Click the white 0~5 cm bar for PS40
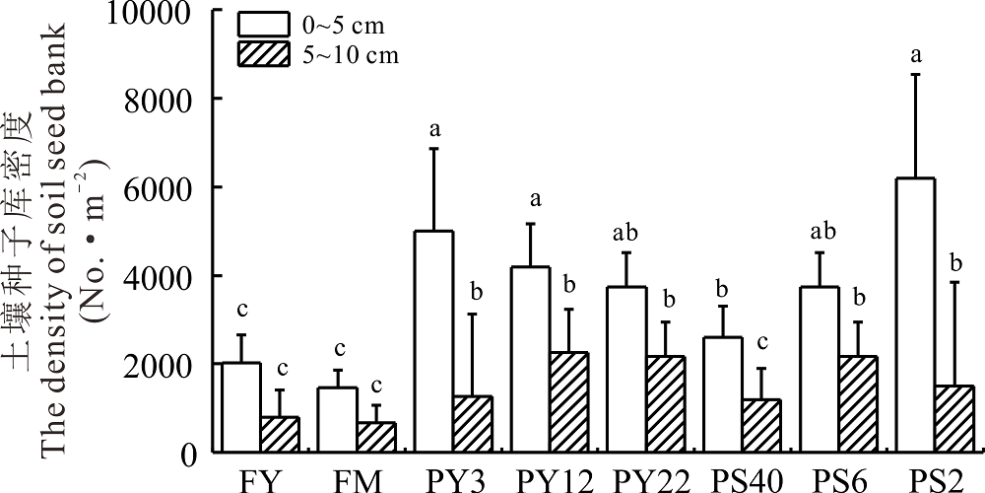pos(723,394)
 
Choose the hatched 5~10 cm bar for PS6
pos(858,404)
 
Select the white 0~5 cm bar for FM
pos(338,420)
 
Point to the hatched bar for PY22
pos(666,404)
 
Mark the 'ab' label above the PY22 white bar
pos(626,234)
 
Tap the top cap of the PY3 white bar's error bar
pos(433,148)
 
